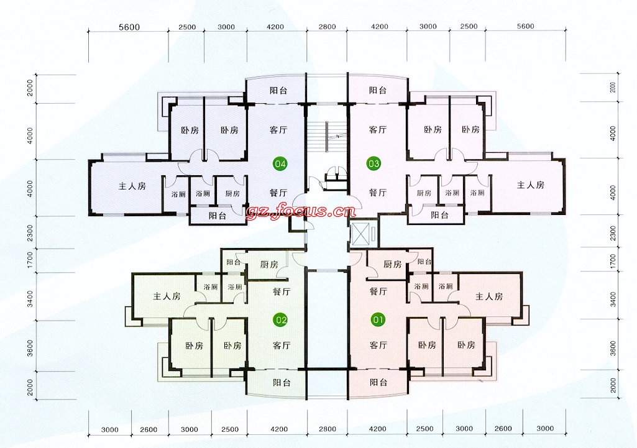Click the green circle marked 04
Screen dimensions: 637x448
click(x=280, y=163)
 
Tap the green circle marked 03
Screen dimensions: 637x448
click(x=373, y=163)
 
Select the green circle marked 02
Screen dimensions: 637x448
click(x=281, y=320)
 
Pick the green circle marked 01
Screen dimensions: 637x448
click(x=378, y=319)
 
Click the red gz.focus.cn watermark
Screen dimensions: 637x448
click(x=301, y=211)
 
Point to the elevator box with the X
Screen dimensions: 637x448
click(x=363, y=234)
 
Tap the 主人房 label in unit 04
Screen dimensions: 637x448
click(x=132, y=186)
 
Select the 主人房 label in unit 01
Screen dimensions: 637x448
click(x=489, y=296)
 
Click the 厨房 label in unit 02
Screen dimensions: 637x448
click(x=269, y=265)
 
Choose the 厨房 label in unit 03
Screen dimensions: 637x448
click(x=424, y=193)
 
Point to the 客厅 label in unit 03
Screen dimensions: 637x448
click(x=378, y=130)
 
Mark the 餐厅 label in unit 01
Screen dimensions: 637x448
click(x=378, y=291)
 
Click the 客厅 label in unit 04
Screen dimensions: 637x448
click(x=278, y=130)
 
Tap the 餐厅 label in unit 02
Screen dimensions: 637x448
click(x=282, y=291)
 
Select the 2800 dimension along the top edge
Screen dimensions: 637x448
click(x=327, y=27)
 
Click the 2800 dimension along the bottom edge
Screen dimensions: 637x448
click(x=328, y=429)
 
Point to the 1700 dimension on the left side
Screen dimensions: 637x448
click(x=30, y=260)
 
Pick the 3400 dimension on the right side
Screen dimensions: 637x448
click(x=613, y=299)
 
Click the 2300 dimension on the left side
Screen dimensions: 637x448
click(x=30, y=233)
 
